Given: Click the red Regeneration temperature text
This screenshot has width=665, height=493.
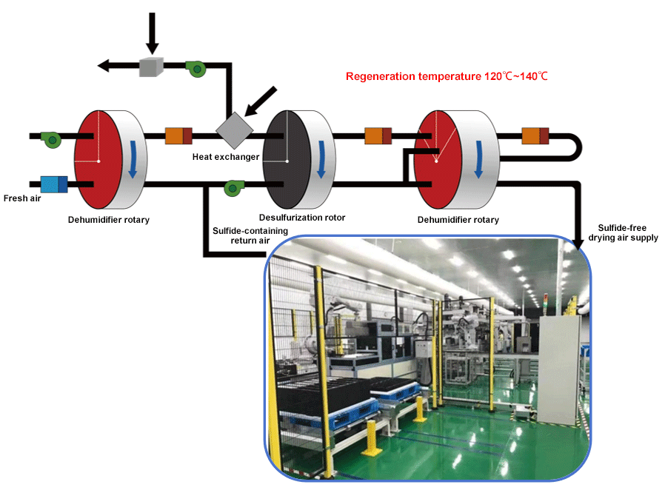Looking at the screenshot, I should [447, 76].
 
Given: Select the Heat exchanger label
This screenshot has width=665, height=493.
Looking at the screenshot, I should [226, 156].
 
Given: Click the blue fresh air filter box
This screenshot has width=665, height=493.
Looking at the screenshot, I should [54, 184].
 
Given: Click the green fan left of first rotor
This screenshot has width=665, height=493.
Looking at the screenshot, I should [52, 138].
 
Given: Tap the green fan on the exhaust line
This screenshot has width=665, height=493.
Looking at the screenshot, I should [196, 68].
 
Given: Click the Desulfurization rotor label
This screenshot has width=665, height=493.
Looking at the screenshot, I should [302, 218].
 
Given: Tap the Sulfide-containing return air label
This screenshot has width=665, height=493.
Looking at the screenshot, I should [238, 235].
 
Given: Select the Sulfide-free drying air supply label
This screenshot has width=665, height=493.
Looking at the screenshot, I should [627, 233].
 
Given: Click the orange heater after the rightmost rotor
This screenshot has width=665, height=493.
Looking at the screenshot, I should [535, 136].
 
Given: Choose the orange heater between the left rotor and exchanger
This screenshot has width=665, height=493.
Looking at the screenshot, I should [178, 135].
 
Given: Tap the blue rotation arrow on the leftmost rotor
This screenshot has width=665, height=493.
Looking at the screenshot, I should [133, 158].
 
